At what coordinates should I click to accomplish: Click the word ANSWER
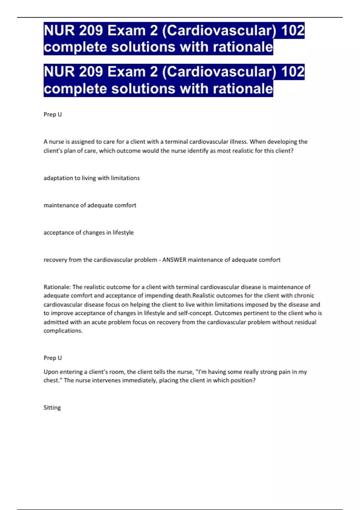click(174, 260)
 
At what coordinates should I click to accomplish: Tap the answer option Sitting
click(52, 408)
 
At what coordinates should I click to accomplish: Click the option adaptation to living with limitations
click(91, 178)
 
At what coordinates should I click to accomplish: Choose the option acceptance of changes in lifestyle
click(88, 232)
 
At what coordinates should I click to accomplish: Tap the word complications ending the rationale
click(63, 331)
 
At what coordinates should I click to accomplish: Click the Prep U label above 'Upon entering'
click(52, 358)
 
